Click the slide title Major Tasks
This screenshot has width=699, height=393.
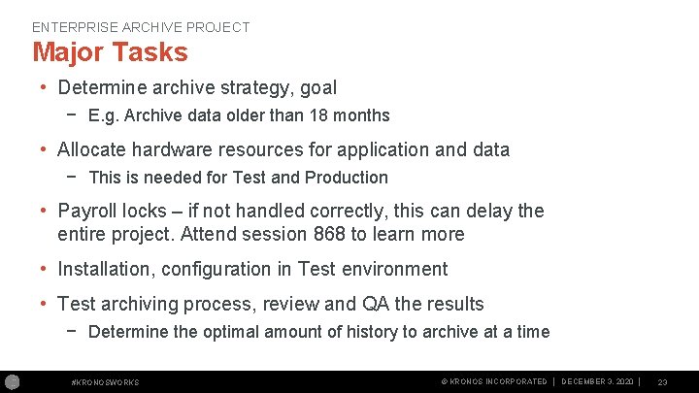click(110, 50)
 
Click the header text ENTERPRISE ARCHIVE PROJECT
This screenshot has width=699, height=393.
click(141, 27)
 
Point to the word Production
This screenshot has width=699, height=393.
click(347, 178)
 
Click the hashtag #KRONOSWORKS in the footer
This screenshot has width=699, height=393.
click(106, 382)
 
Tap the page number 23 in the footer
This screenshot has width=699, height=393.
click(662, 382)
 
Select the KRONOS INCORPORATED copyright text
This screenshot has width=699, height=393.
click(494, 382)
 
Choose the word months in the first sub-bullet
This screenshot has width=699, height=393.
click(362, 115)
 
